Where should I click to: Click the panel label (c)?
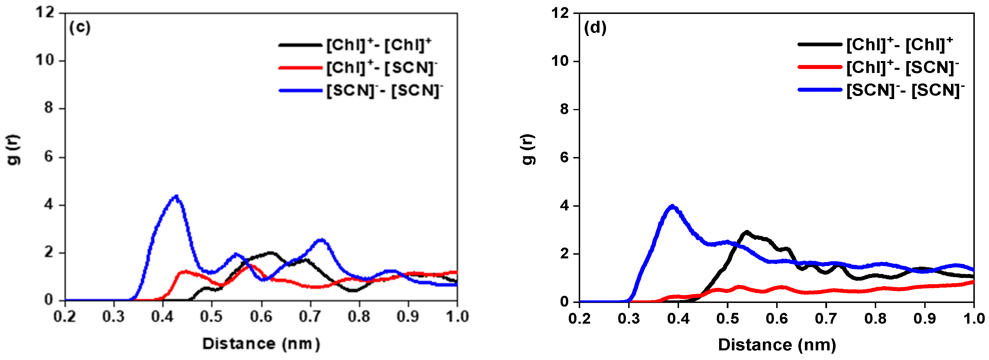pos(80,28)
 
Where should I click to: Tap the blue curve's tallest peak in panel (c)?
pos(176,196)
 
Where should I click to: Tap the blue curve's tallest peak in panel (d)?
pos(672,206)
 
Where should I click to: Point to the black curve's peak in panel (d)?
pos(747,232)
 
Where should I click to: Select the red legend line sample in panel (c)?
pos(300,68)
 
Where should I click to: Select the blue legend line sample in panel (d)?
pos(820,90)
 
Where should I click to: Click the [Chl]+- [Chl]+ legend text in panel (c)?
pos(379,45)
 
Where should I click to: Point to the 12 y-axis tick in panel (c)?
pos(45,13)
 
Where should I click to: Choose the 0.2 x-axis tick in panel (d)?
pos(579,319)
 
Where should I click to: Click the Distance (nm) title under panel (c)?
pos(261,344)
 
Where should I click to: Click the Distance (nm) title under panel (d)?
pos(777,345)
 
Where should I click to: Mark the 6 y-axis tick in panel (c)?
pos(49,157)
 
